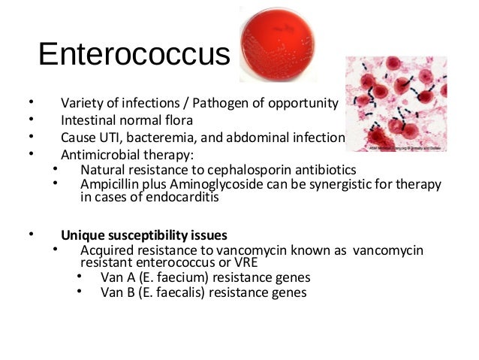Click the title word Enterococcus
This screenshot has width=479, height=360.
pyautogui.click(x=134, y=55)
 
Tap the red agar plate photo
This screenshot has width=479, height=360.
pyautogui.click(x=277, y=44)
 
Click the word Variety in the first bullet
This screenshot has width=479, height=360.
pyautogui.click(x=81, y=103)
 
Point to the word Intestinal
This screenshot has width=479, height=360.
pyautogui.click(x=89, y=120)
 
